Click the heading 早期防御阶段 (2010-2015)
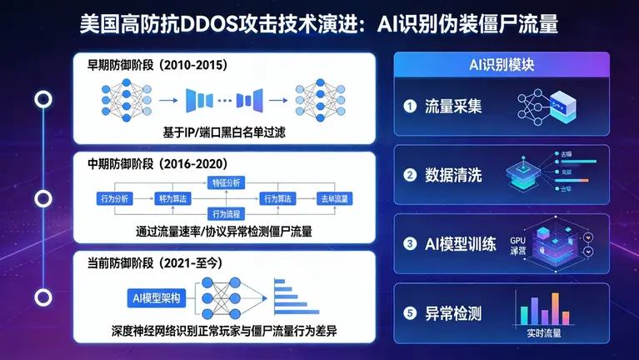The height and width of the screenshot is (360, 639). coord(152,64)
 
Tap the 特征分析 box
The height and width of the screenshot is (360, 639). coord(225,181)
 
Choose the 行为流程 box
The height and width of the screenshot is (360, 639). coord(225,214)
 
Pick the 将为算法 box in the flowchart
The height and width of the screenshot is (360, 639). coord(173,198)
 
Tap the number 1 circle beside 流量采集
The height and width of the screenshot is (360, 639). coord(409,107)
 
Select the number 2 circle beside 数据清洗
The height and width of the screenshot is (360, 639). coord(409,175)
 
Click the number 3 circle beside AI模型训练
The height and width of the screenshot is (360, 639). coord(409,244)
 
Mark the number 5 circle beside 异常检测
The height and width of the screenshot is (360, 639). coord(409,313)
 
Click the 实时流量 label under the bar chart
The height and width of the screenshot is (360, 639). coord(545,334)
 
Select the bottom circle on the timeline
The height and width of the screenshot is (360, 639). coord(42,297)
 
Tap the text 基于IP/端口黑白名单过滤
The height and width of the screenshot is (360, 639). coord(225,132)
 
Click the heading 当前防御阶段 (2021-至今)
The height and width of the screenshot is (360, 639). coord(155,262)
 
